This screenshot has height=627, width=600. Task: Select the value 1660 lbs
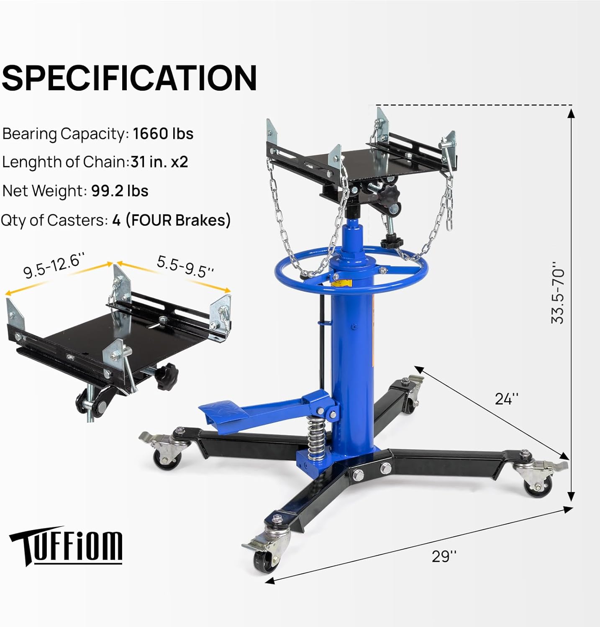(163, 134)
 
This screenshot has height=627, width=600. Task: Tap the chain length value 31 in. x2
(159, 162)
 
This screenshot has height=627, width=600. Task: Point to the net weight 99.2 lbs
(120, 191)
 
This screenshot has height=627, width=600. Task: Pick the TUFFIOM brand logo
(66, 545)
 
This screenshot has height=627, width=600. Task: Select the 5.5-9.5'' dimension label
(185, 267)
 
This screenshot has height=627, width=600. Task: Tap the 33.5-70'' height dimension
(557, 293)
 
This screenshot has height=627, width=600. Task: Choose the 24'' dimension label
(506, 399)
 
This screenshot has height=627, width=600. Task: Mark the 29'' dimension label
(444, 556)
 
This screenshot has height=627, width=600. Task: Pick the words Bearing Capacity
(64, 134)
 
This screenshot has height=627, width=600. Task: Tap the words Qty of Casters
(54, 220)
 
